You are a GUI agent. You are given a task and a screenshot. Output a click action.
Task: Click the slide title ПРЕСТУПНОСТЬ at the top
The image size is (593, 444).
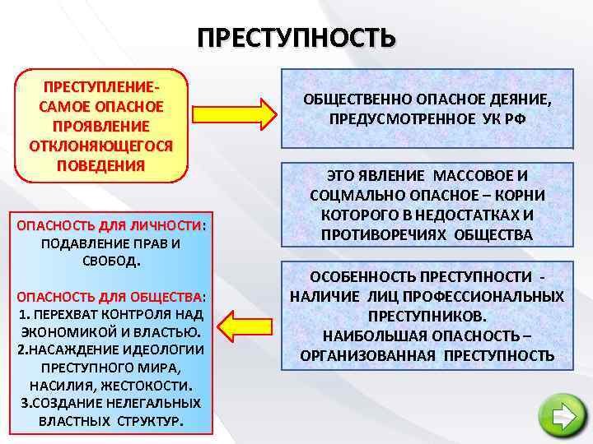pyautogui.click(x=296, y=39)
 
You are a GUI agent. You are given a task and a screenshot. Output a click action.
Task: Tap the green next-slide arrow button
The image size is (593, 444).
pyautogui.click(x=563, y=416)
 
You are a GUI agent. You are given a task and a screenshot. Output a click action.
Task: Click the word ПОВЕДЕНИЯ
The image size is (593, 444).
pyautogui.click(x=100, y=164)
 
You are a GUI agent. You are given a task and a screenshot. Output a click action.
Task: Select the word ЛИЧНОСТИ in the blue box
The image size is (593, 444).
pyautogui.click(x=171, y=225)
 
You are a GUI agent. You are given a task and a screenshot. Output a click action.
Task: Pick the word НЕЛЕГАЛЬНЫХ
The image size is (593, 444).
pyautogui.click(x=156, y=403)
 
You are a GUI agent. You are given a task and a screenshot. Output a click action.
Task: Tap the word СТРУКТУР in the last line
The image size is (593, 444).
pyautogui.click(x=149, y=420)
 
